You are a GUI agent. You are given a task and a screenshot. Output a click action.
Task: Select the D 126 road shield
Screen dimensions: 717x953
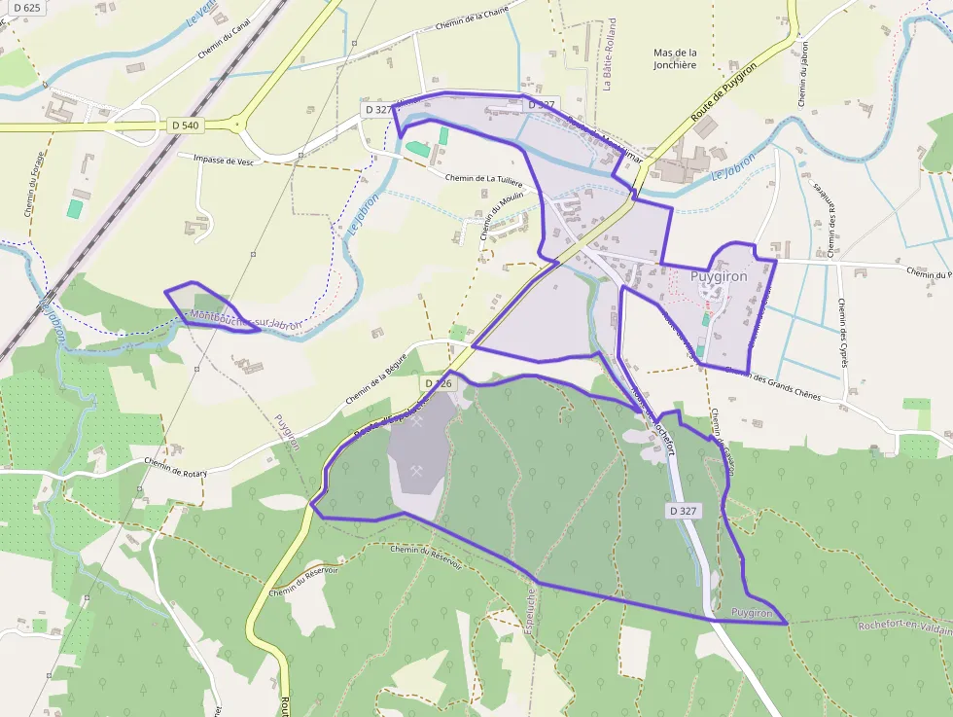click(439, 384)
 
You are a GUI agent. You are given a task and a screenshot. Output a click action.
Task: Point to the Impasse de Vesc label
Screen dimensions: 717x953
click(224, 161)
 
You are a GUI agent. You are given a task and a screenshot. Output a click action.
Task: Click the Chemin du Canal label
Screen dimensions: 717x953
click(225, 37)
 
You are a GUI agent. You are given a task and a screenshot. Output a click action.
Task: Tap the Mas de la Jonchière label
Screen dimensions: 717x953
click(676, 58)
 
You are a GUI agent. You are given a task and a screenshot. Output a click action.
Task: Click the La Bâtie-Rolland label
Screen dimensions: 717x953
click(610, 54)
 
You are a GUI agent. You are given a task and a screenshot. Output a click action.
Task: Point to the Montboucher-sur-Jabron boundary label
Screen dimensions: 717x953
click(246, 319)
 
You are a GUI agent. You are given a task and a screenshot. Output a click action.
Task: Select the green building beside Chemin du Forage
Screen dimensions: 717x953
click(75, 208)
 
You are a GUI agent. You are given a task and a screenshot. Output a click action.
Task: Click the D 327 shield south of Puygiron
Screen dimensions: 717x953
click(684, 511)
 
